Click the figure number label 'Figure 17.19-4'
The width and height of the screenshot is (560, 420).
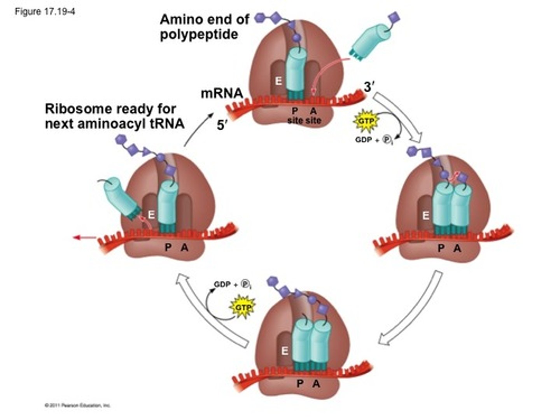point(45,12)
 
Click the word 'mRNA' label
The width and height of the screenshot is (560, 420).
point(222,93)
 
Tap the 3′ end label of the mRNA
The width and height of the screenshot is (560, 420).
point(369,87)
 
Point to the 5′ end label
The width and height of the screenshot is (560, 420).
point(222,125)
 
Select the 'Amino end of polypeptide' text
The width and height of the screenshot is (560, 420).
point(204,27)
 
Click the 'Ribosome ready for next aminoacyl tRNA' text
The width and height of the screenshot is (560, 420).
point(115,116)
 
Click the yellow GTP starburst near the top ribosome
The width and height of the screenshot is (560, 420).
point(366,121)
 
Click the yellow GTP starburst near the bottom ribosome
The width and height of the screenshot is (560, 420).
point(242,308)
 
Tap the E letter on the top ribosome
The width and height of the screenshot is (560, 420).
point(278,81)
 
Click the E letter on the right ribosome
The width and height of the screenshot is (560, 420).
point(426,215)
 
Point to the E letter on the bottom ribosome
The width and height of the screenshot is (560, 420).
point(285,351)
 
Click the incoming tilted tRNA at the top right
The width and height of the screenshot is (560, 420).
point(369,43)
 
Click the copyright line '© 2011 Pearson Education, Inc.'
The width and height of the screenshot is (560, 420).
point(78,405)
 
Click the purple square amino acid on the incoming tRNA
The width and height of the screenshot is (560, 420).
point(394,17)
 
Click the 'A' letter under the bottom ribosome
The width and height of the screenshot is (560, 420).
point(316,384)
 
